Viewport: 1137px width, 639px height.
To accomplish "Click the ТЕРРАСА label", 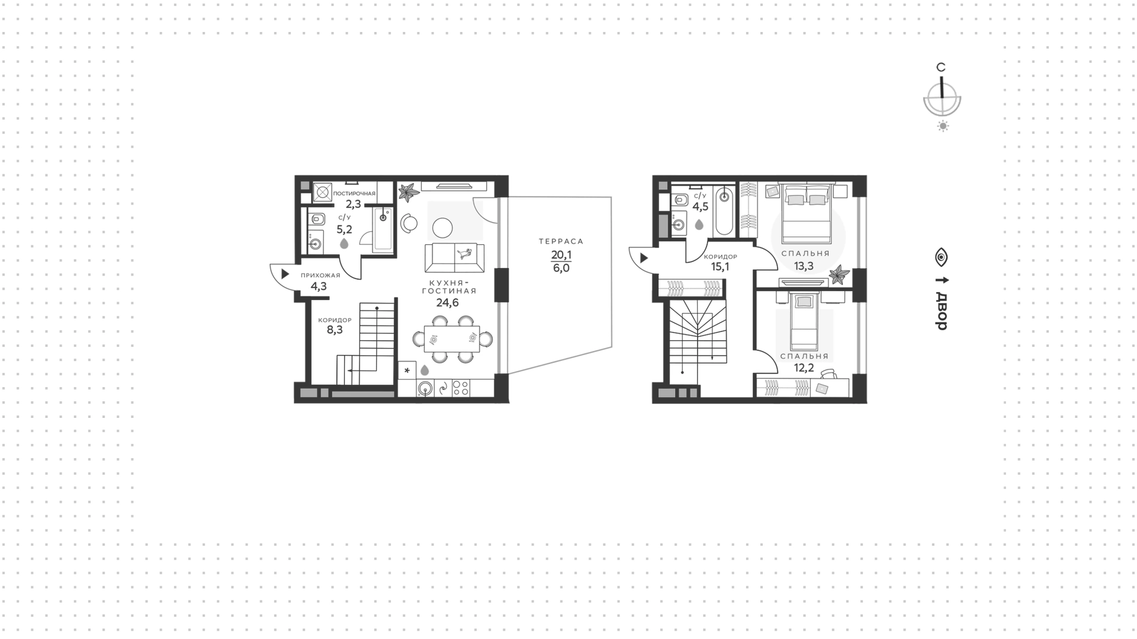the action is point(561,241).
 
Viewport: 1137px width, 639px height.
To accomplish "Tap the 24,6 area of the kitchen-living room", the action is point(448,303).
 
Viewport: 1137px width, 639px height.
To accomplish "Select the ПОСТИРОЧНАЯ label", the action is point(354,194).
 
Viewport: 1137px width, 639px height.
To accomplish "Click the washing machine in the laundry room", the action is point(322,192).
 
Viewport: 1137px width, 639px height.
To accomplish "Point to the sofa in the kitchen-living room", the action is point(455,258).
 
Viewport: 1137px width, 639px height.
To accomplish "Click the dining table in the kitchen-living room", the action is point(453,339).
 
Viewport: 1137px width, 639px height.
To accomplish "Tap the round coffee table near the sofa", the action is point(442,228).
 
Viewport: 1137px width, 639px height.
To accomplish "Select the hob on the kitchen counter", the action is point(461,388).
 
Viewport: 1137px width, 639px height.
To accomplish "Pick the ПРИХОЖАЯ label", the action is point(320,276).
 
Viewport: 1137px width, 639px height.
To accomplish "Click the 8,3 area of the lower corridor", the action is point(335,330).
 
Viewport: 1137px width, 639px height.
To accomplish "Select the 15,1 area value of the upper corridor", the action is point(720,267).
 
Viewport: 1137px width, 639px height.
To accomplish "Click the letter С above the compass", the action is point(940,68).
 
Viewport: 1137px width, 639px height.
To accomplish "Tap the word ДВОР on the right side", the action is point(942,311).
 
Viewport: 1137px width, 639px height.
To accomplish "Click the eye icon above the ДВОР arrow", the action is point(942,257).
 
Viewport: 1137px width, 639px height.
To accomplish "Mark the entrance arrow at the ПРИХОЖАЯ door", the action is point(285,274).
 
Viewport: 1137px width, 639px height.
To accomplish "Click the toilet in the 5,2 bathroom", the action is point(317,219).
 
